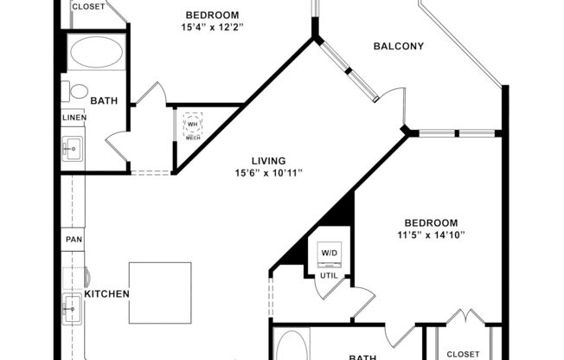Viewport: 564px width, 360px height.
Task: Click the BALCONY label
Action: [x=398, y=46]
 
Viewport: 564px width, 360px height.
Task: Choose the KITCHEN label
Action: [x=106, y=294]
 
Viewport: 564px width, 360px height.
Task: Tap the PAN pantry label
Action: [x=74, y=239]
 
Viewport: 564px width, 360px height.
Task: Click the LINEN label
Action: [x=74, y=117]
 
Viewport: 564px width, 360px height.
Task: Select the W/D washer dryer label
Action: [x=330, y=254]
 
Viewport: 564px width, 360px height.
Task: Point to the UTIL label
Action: [x=330, y=275]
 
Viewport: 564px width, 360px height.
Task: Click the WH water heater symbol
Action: [x=192, y=124]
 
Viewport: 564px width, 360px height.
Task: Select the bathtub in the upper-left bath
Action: [x=95, y=54]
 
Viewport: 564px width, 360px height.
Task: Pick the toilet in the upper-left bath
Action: [x=78, y=90]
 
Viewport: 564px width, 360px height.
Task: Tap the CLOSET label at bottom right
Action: [x=463, y=354]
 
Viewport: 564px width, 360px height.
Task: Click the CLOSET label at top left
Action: [x=88, y=6]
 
